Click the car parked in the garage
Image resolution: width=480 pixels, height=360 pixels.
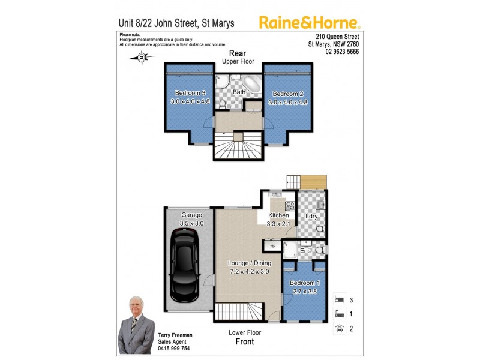pos(184,268)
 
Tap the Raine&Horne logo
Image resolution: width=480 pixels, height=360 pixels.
pos(310,23)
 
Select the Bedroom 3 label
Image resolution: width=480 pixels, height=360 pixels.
pos(190,93)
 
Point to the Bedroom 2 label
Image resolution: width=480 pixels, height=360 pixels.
pos(286,94)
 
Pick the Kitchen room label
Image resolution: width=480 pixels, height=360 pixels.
pos(278,215)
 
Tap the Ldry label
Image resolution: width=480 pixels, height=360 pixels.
pos(311,216)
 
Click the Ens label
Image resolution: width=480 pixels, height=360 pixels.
pos(305,250)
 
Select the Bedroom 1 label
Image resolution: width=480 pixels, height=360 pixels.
pos(305,283)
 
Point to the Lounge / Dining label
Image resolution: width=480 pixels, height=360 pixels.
pos(250,263)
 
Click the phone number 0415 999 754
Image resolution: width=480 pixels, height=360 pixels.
pos(174,348)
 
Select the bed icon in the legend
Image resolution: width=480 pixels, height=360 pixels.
pos(338,298)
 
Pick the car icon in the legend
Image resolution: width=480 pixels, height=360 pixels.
pos(338,328)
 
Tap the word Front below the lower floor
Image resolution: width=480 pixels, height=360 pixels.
pos(244,341)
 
